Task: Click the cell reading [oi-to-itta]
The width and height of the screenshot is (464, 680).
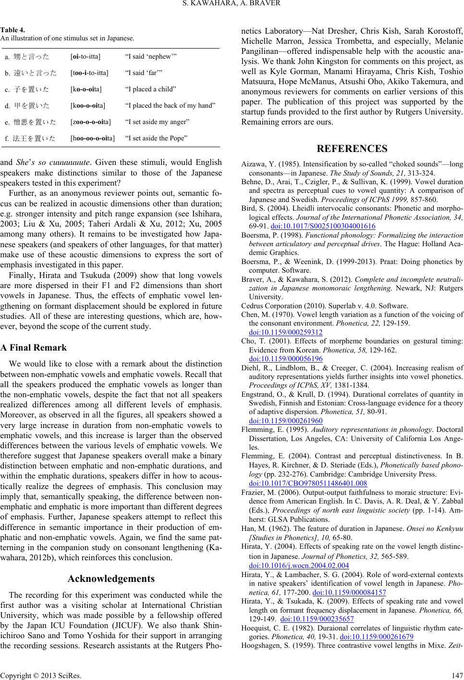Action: [85, 57]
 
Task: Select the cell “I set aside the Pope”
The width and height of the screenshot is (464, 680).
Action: [156, 138]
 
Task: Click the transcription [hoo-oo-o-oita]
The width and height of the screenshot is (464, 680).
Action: [92, 138]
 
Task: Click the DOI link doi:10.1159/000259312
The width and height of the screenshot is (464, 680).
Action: [286, 332]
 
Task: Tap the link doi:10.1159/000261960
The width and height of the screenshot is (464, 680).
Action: [286, 420]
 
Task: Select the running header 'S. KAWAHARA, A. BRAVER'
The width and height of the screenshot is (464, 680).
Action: [232, 5]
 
